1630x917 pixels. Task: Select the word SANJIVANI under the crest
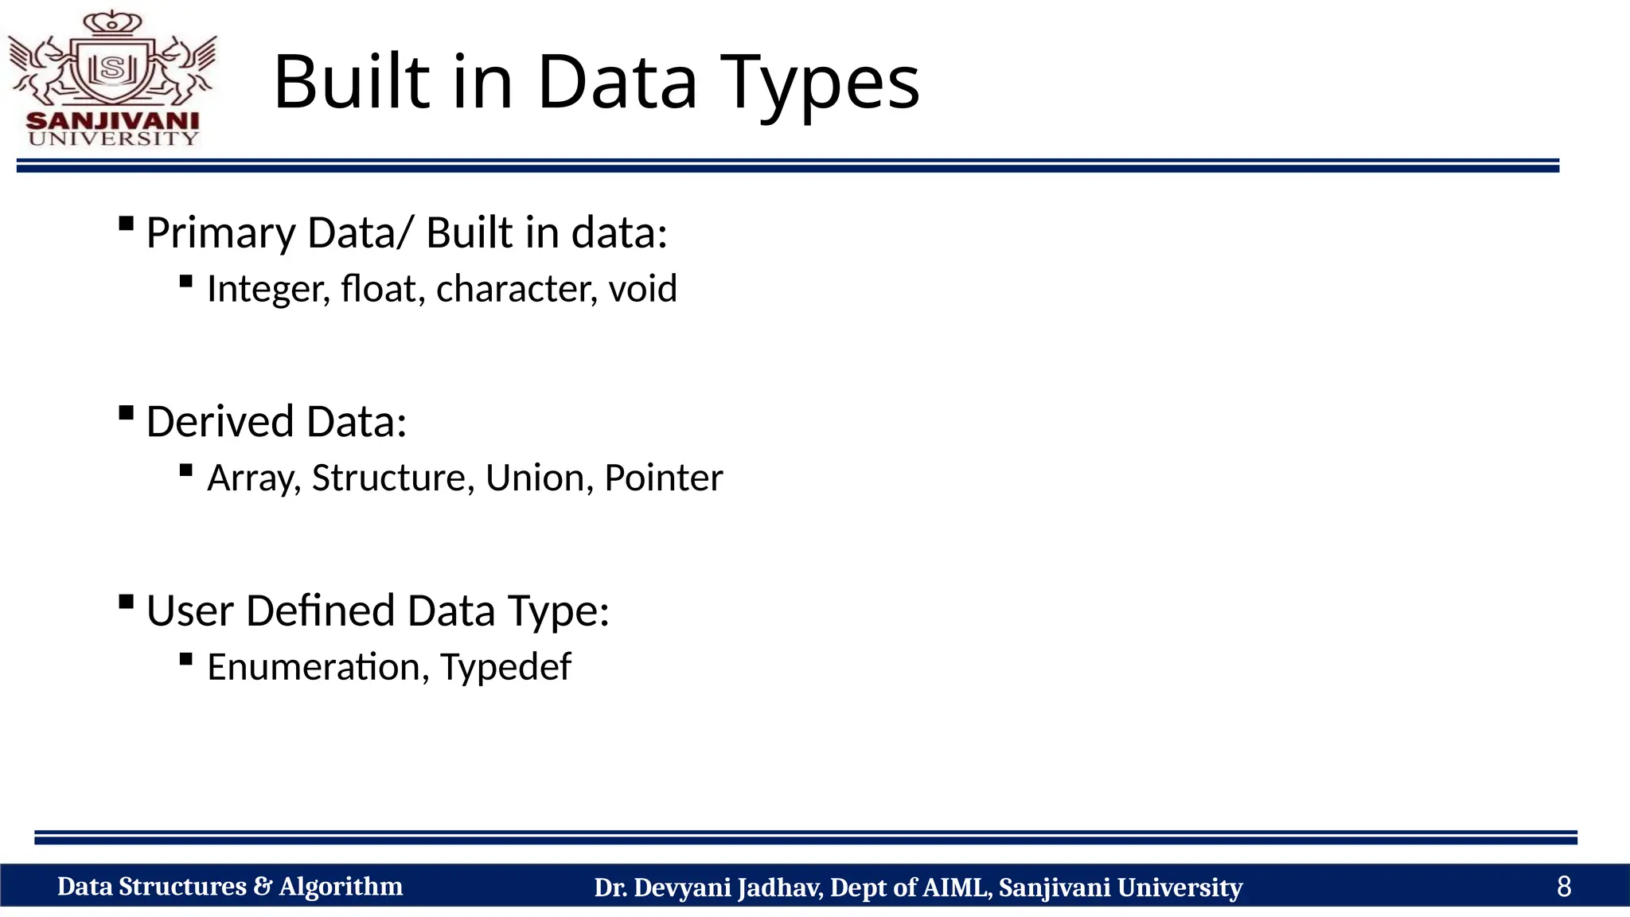click(x=112, y=121)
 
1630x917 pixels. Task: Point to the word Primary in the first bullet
click(x=220, y=234)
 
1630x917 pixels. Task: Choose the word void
click(x=642, y=288)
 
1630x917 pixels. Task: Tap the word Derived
click(x=220, y=422)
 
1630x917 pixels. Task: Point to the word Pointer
click(x=663, y=478)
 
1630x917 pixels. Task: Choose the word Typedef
click(x=505, y=668)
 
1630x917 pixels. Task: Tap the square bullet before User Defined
click(x=126, y=602)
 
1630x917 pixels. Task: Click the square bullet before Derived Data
click(x=126, y=412)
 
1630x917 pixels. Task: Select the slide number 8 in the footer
click(x=1563, y=886)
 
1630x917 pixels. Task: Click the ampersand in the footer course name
click(x=263, y=886)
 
